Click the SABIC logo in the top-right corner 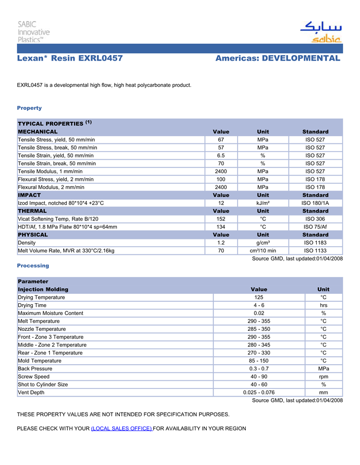(x=320, y=32)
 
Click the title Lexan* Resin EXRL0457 (x=70, y=59)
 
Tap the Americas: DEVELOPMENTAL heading (x=278, y=59)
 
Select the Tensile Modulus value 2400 (x=221, y=171)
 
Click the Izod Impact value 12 (x=221, y=203)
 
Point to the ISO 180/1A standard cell (x=315, y=203)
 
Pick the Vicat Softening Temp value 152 (x=221, y=219)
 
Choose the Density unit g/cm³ (x=263, y=243)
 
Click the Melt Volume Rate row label (x=66, y=251)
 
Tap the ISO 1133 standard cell (x=315, y=251)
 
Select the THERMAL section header (x=32, y=211)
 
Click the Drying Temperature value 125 (x=259, y=297)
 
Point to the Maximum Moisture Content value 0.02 (x=259, y=313)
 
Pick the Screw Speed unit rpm (x=323, y=377)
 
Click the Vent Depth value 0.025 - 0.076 (x=259, y=393)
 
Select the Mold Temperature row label (x=40, y=361)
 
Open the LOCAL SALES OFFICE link (x=121, y=429)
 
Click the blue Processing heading (x=33, y=266)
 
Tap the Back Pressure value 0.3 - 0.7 (x=259, y=369)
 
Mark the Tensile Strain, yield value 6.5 (x=221, y=155)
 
